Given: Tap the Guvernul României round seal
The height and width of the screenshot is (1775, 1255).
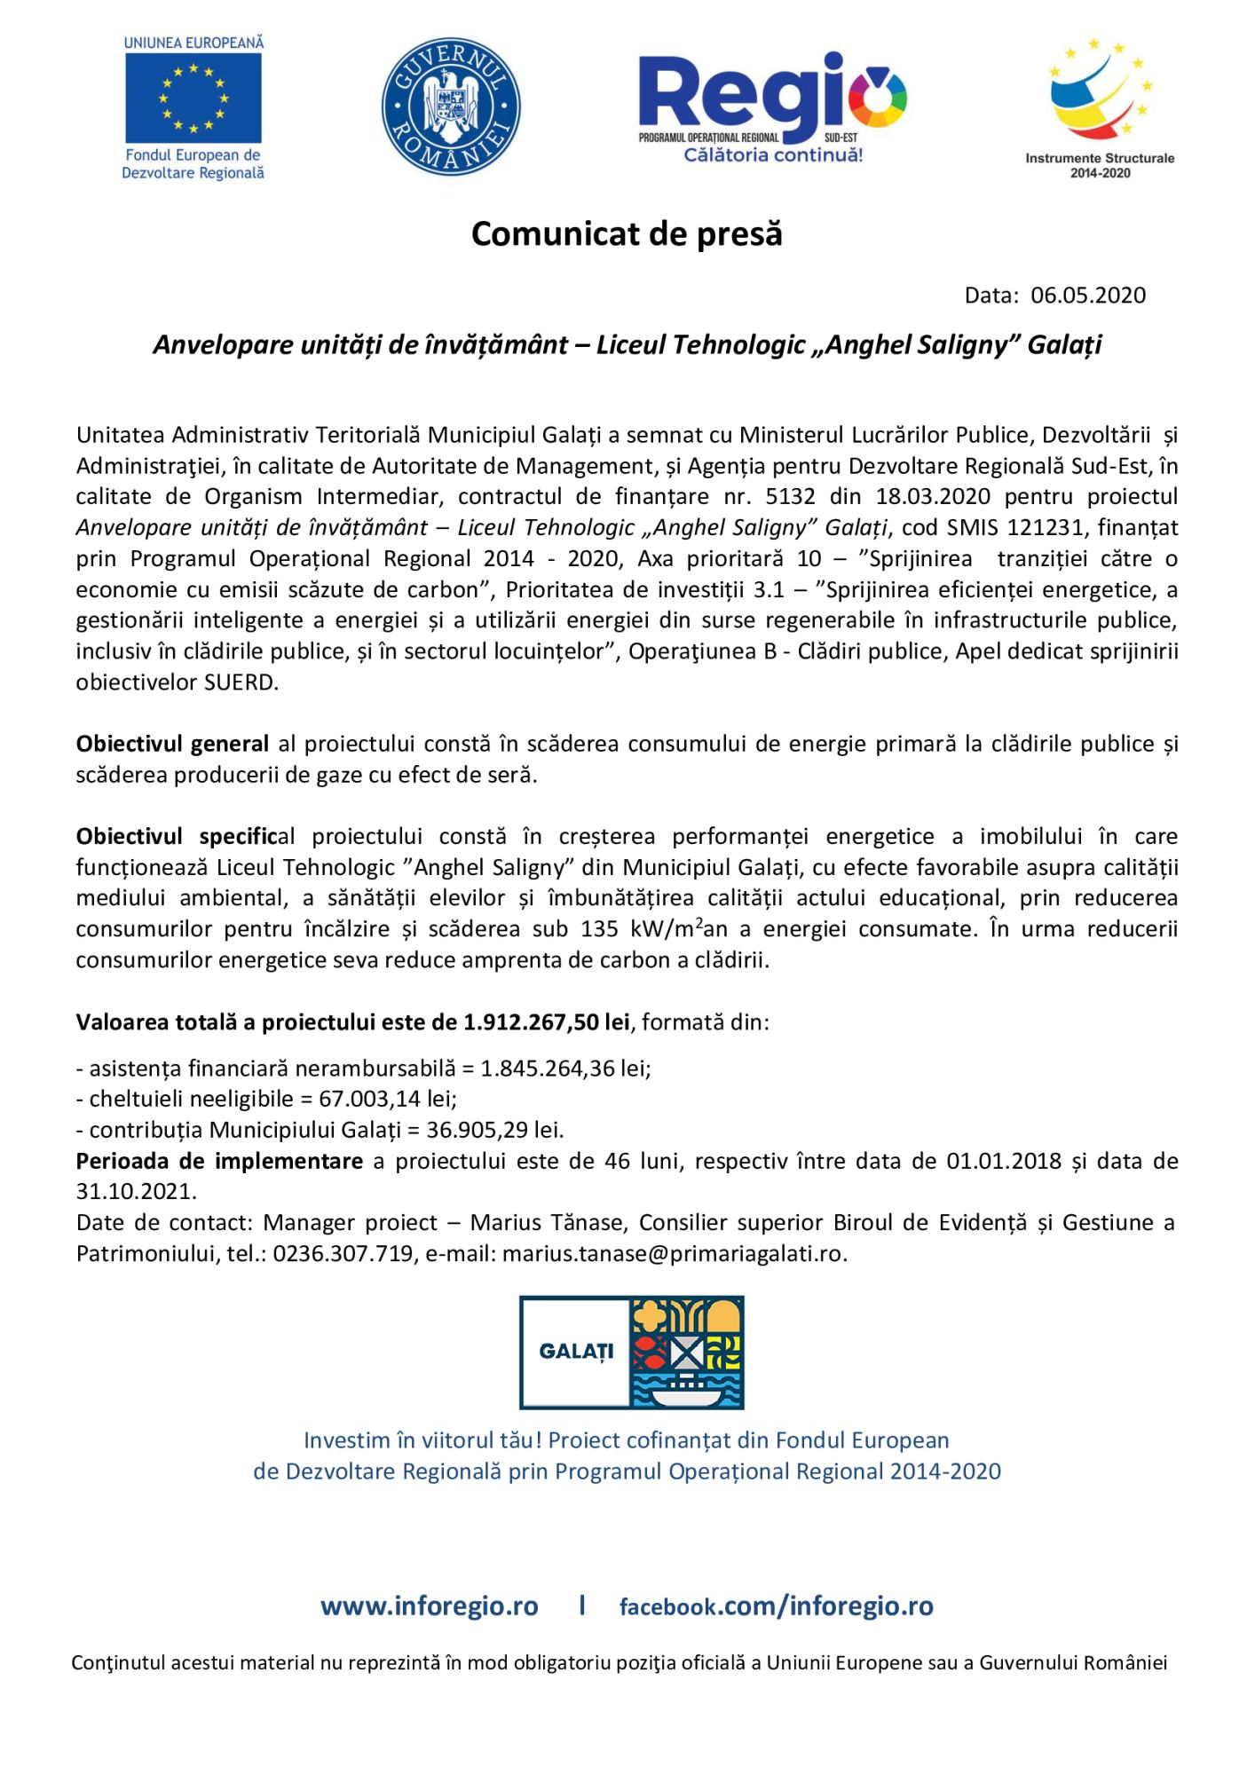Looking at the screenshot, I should pyautogui.click(x=451, y=106).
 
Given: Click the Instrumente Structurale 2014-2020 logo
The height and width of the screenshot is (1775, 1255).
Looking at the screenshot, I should pyautogui.click(x=1100, y=106).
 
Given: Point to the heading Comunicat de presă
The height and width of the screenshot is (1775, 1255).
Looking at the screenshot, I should pyautogui.click(x=627, y=233).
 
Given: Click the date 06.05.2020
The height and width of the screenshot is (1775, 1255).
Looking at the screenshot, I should pyautogui.click(x=1088, y=296).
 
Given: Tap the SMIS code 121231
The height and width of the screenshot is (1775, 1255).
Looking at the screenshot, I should pyautogui.click(x=1045, y=527).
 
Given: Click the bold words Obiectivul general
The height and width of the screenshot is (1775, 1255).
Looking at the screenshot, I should pyautogui.click(x=172, y=744).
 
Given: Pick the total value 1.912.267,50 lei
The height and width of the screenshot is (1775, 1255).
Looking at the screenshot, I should pyautogui.click(x=546, y=1022).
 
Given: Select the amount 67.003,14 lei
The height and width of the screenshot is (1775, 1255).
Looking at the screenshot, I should pyautogui.click(x=387, y=1099).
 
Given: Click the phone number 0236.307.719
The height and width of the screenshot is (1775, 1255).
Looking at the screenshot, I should pyautogui.click(x=343, y=1253).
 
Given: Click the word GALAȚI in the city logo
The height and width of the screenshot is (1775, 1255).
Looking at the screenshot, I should pyautogui.click(x=576, y=1353).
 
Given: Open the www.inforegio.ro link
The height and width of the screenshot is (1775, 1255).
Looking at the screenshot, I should pyautogui.click(x=430, y=1606).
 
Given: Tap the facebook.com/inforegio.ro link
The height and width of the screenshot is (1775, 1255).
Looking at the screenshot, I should pyautogui.click(x=776, y=1606).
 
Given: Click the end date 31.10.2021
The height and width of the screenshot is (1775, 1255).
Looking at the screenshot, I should pyautogui.click(x=136, y=1191).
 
